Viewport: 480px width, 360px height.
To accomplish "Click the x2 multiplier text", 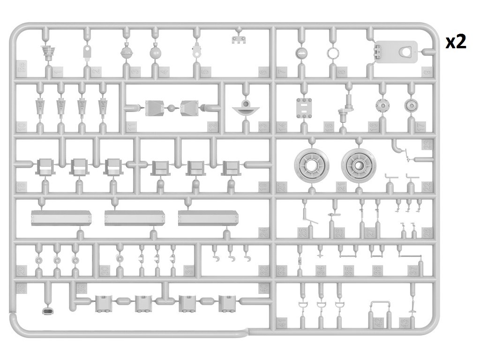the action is coord(456,42).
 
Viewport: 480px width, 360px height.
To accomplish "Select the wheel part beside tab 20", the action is coord(310,164).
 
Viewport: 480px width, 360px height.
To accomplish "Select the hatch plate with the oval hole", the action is coord(396,52).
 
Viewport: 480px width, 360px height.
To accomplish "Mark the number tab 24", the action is coord(263,232).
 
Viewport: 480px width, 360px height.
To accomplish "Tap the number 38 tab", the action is coord(21,289).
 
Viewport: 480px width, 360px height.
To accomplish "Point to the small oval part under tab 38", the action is coord(48,311).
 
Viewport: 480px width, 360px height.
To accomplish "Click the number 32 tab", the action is coord(263,271).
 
